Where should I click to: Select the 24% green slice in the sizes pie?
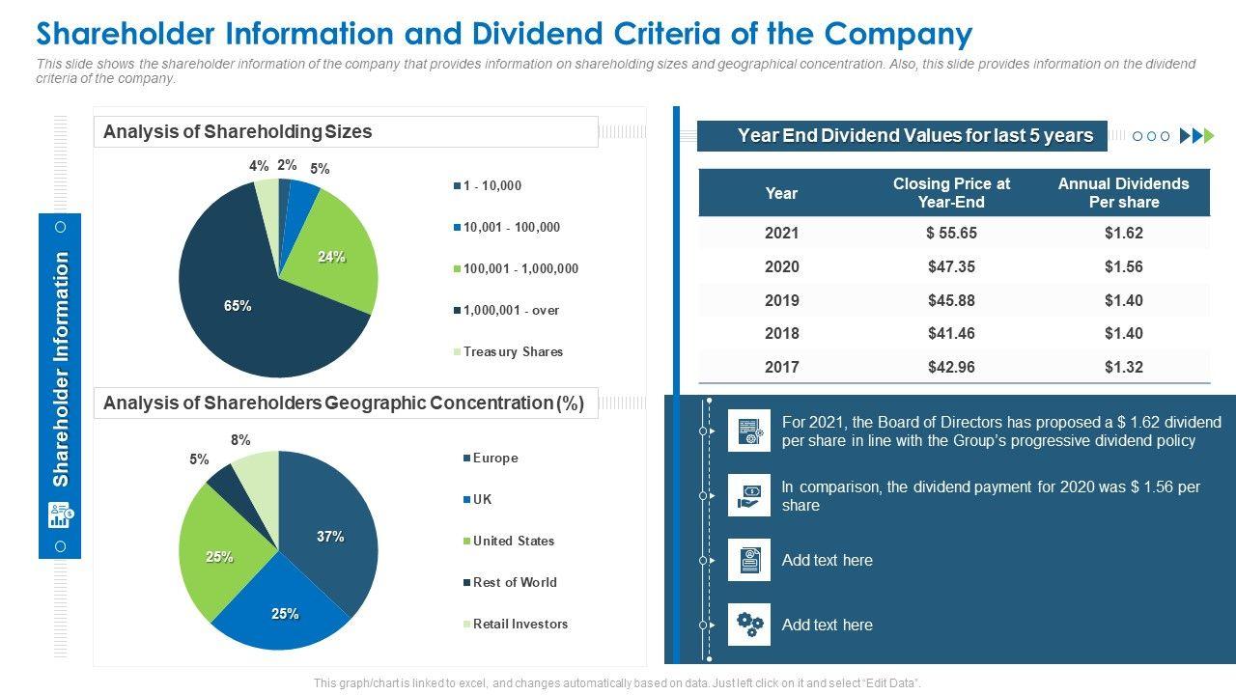click(x=332, y=257)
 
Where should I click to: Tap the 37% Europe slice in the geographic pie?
click(x=330, y=537)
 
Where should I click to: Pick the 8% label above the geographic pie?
click(x=240, y=440)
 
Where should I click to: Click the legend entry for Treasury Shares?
click(x=512, y=352)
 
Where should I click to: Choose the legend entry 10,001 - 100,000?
click(x=511, y=228)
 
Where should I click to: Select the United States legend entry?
click(x=513, y=542)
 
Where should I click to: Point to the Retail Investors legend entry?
click(x=520, y=625)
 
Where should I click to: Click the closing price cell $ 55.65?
click(x=951, y=233)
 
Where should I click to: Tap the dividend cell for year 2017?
click(x=1123, y=367)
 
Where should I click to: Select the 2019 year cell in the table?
click(x=781, y=300)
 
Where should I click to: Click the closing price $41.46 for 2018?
click(x=951, y=333)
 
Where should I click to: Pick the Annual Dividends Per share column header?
click(x=1123, y=193)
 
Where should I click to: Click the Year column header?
click(x=781, y=193)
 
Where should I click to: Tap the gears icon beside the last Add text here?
click(x=749, y=625)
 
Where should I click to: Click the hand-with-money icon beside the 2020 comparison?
click(x=749, y=495)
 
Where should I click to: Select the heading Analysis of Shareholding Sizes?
click(x=238, y=132)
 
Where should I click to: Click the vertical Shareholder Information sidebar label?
click(x=61, y=370)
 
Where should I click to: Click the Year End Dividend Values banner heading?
click(x=914, y=136)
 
